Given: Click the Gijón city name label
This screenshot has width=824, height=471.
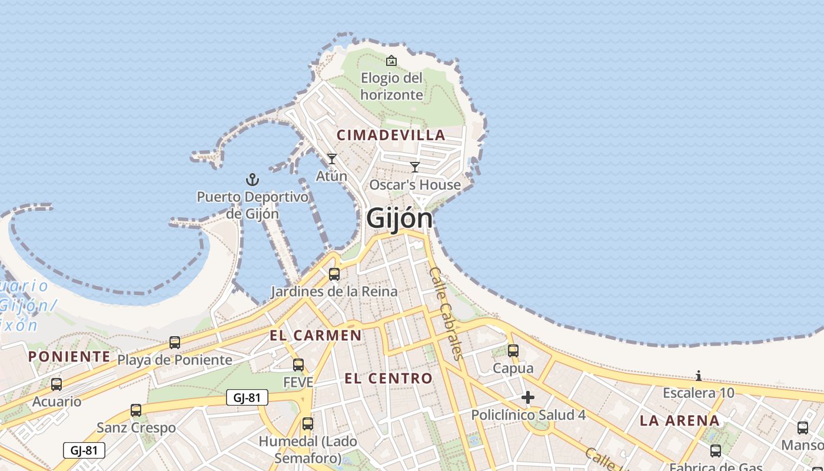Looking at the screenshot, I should [399, 218].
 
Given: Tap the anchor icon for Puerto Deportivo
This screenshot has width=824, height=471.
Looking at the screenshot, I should [252, 180].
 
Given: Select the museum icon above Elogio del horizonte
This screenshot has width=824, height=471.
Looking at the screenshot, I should [391, 61].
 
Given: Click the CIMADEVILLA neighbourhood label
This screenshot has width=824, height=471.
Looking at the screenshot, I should [391, 135].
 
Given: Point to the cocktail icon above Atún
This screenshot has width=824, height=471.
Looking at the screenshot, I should [332, 159].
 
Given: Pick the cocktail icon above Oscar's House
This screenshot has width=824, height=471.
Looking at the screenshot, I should [415, 167].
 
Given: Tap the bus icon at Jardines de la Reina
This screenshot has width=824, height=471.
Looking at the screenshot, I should [334, 274].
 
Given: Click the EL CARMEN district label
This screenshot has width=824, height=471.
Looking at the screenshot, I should [315, 336].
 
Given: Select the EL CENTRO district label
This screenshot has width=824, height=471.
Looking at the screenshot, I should [388, 379].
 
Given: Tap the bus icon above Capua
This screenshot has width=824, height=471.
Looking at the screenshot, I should [513, 351].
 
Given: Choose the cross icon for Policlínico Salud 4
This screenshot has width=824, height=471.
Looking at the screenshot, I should [528, 398].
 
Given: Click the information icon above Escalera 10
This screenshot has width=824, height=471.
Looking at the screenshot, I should [699, 376].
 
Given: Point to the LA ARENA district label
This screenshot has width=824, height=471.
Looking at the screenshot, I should [680, 420].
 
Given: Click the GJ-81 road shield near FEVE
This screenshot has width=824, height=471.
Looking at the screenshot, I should [247, 397].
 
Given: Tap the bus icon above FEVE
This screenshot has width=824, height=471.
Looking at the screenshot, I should [298, 365].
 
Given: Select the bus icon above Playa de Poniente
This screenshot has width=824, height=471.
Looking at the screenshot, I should [175, 342].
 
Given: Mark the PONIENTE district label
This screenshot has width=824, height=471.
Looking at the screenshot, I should [69, 356].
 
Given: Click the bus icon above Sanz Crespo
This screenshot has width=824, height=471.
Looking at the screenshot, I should [136, 410].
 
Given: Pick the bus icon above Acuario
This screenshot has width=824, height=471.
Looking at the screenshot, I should [57, 384].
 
